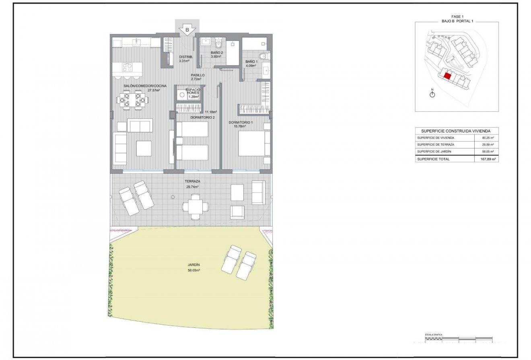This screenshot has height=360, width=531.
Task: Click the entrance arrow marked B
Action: tap(187, 29)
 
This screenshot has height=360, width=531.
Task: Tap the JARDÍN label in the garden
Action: tap(193, 267)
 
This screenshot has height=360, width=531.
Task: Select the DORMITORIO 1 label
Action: tap(241, 124)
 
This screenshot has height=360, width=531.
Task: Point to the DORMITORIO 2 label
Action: tap(202, 117)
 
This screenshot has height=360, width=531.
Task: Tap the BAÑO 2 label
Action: tap(216, 54)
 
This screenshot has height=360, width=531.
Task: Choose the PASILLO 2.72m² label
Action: tap(198, 77)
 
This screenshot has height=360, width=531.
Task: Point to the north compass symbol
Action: tap(432, 94)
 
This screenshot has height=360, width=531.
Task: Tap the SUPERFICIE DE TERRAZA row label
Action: tap(435, 144)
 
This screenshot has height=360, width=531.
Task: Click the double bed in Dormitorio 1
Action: tap(254, 144)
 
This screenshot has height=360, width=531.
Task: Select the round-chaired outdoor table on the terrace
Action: tap(196, 207)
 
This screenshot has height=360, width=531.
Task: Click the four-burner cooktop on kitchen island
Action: tap(127, 67)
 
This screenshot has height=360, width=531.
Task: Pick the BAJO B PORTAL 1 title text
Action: tap(457, 20)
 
